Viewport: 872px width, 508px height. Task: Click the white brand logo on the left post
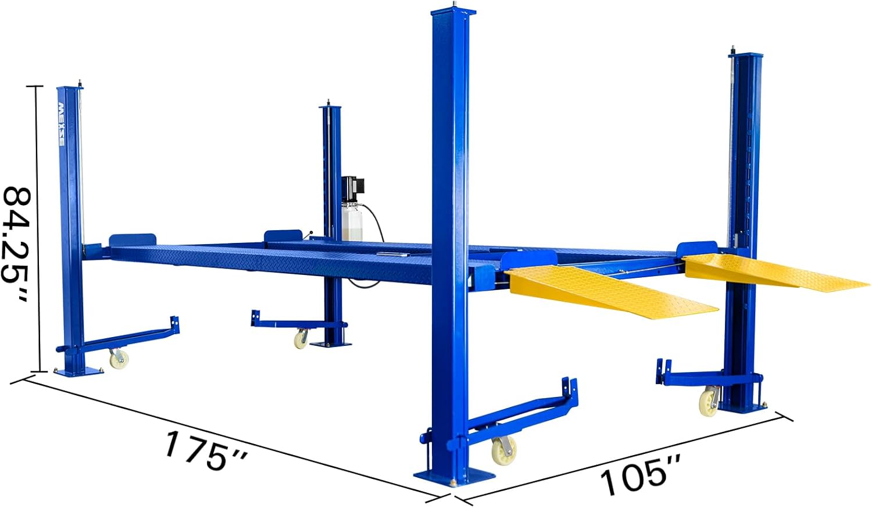(62, 124)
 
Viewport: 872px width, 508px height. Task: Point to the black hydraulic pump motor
(353, 190)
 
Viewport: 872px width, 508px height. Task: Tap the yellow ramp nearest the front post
(611, 291)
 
